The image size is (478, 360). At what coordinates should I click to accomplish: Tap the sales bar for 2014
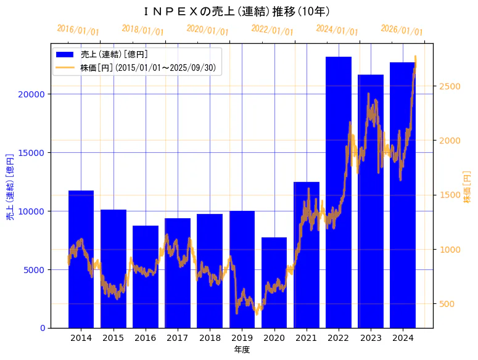(x=81, y=259)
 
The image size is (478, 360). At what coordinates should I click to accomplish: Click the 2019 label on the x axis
(x=242, y=338)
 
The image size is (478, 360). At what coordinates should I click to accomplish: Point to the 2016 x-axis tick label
(x=146, y=338)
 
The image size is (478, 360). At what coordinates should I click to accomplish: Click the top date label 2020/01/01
(x=207, y=30)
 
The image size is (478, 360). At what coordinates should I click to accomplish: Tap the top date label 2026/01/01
(x=402, y=30)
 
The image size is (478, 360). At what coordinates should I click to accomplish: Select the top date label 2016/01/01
(x=78, y=30)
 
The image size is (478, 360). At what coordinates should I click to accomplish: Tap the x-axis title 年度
(x=242, y=350)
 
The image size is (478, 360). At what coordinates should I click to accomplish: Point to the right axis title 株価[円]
(x=467, y=187)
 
